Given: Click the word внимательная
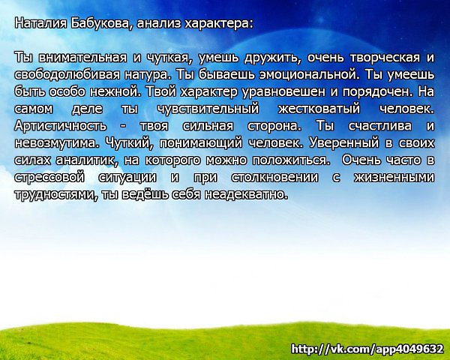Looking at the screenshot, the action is tap(82, 58).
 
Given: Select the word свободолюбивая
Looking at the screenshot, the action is tap(67, 75).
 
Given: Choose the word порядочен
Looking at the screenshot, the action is tap(378, 92).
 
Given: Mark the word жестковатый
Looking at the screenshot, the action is tap(319, 109).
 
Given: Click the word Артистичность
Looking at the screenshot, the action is tap(60, 126).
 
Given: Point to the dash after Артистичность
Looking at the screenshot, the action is tap(123, 127).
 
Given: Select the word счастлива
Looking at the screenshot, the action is tap(380, 126).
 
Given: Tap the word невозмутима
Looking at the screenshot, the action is tap(56, 143).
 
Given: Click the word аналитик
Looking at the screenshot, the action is tap(87, 160).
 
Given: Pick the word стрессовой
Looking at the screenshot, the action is tap(49, 178).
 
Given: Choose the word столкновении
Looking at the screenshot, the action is tap(274, 178).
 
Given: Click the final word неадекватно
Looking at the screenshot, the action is tap(247, 195).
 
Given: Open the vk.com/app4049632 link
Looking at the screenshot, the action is tap(367, 349).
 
